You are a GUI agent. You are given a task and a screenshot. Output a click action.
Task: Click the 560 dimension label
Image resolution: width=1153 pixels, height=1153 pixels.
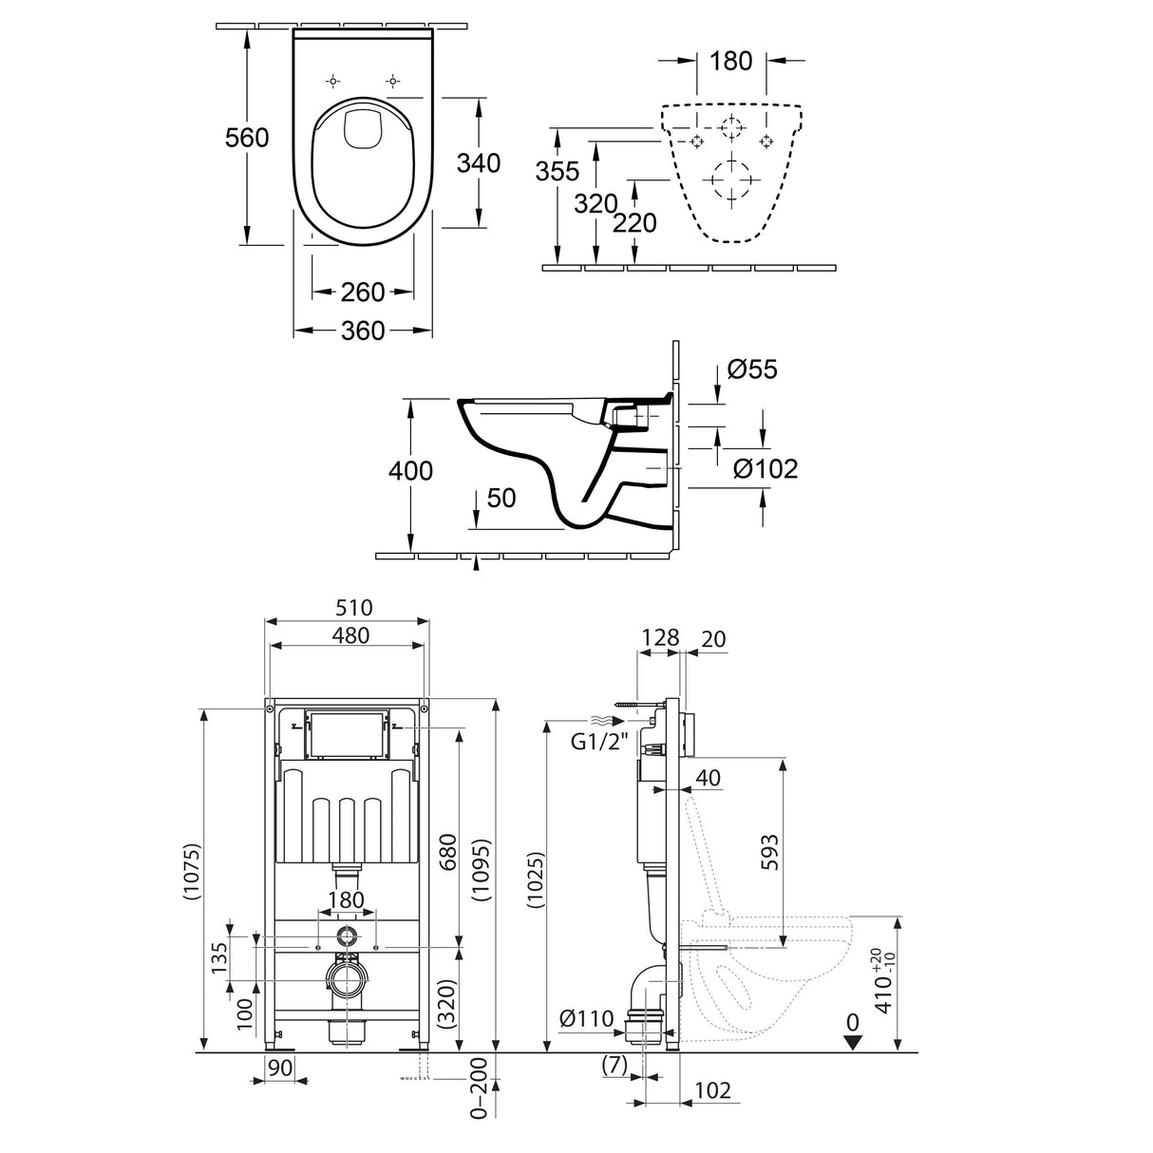[x=246, y=138]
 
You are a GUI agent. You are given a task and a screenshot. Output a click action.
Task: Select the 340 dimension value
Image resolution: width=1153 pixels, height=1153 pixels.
[x=478, y=162]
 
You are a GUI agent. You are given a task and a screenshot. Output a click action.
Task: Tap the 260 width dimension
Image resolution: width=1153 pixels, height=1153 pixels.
[x=363, y=292]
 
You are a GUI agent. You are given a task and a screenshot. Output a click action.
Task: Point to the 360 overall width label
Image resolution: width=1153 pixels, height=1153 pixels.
[x=363, y=331]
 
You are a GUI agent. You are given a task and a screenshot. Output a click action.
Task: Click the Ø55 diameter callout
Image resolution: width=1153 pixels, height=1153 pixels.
[x=751, y=369]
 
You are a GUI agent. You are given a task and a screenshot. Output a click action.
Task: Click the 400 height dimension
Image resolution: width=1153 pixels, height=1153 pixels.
[x=410, y=470]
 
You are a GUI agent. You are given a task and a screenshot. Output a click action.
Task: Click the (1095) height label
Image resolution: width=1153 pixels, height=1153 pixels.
[x=483, y=872]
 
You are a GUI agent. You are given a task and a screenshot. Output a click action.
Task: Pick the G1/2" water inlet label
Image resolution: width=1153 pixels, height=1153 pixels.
[x=600, y=743]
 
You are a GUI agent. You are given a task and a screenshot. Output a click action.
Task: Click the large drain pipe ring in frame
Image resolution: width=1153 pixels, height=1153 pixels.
[x=348, y=980]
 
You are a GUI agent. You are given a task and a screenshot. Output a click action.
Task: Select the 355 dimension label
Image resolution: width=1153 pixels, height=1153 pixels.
[x=557, y=172]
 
